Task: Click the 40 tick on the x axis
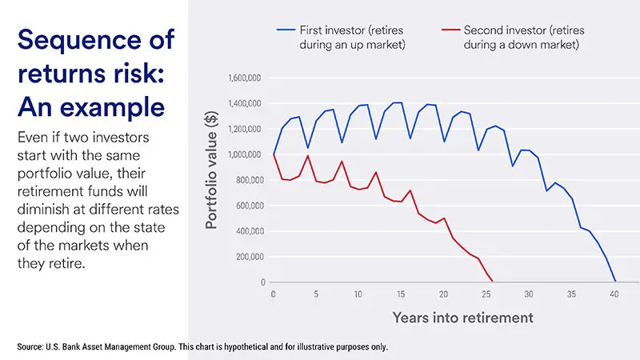tap(614, 294)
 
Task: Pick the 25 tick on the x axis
tap(486, 294)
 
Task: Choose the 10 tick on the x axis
tap(358, 294)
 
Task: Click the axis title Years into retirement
tap(462, 318)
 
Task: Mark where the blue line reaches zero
tap(614, 282)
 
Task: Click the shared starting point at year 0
tap(274, 154)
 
